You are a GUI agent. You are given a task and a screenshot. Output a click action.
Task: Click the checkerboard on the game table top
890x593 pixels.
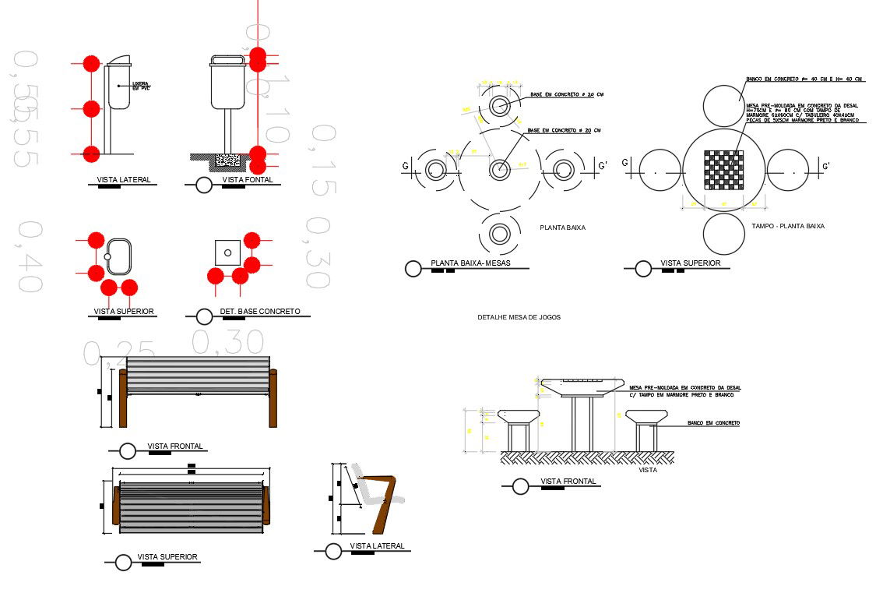pos(723,170)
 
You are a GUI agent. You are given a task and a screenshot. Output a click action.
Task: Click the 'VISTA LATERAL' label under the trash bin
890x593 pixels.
pos(124,180)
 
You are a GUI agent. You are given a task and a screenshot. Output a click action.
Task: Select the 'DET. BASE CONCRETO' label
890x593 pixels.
pos(259,311)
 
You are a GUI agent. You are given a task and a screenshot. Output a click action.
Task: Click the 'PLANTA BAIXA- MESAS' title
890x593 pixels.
pos(470,263)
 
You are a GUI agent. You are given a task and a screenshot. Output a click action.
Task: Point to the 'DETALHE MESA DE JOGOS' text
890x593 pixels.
pos(519,317)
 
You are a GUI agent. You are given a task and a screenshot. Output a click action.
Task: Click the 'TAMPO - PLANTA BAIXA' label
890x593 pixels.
pos(788,226)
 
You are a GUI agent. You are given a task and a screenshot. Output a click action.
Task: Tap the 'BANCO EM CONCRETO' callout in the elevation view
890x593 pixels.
pos(712,422)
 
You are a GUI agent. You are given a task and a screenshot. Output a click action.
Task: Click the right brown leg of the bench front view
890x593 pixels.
pos(273,398)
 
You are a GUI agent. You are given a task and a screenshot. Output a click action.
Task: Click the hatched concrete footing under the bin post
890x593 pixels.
pos(227,160)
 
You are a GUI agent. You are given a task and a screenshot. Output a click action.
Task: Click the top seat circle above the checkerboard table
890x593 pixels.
pos(723,105)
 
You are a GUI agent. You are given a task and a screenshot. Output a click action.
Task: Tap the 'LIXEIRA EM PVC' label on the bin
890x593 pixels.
pos(140,86)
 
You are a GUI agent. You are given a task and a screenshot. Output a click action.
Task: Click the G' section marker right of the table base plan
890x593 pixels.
pos(602,165)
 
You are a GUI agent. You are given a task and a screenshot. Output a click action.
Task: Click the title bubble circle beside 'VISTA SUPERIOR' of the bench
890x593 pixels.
pos(122,562)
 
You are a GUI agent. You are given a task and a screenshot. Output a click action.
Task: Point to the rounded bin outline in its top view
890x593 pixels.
pos(119,256)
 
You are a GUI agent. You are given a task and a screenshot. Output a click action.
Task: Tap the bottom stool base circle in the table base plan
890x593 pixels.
pos(499,234)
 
